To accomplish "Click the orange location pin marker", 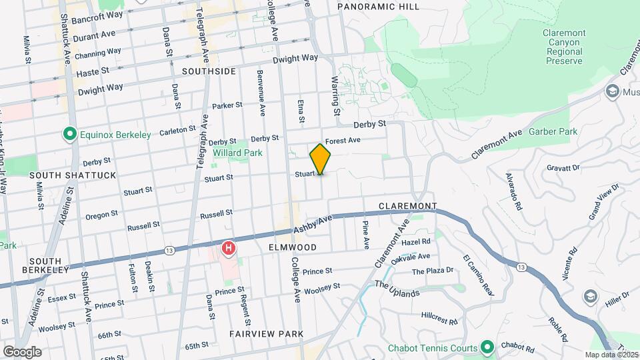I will (x=321, y=159).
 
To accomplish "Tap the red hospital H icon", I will (x=229, y=249).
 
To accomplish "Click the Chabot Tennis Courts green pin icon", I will (x=487, y=347).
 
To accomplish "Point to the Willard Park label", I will (x=237, y=153).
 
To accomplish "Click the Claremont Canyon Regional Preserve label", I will (x=563, y=47).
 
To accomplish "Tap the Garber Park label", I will (x=553, y=132).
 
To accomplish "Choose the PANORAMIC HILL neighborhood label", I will (x=378, y=7).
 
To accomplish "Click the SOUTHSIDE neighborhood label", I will (x=209, y=71).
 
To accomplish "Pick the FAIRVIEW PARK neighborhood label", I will (x=267, y=333).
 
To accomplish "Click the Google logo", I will (x=21, y=351).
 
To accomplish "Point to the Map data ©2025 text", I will (x=611, y=355).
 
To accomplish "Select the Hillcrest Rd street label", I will (x=439, y=318).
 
